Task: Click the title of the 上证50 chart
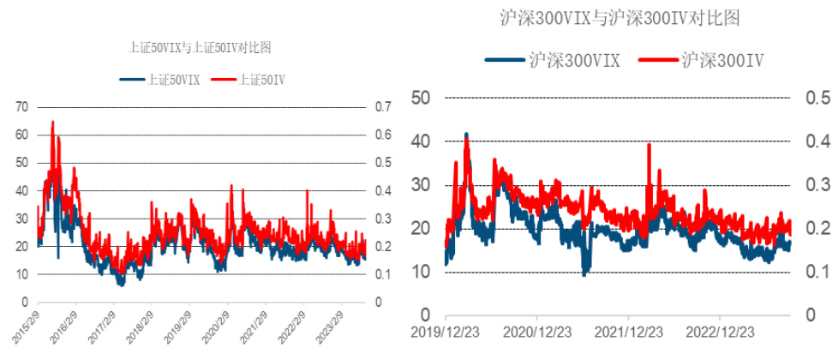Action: pyautogui.click(x=200, y=48)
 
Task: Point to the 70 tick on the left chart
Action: pyautogui.click(x=21, y=107)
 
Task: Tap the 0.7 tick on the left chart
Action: pyautogui.click(x=383, y=107)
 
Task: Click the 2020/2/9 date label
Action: pyautogui.click(x=215, y=326)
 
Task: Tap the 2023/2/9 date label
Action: pyautogui.click(x=329, y=326)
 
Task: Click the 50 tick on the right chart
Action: pyautogui.click(x=420, y=97)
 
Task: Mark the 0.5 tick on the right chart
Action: pyautogui.click(x=815, y=97)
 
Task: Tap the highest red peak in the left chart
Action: pyautogui.click(x=53, y=123)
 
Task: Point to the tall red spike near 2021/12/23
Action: pyautogui.click(x=649, y=145)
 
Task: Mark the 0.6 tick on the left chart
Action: pyautogui.click(x=383, y=135)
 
